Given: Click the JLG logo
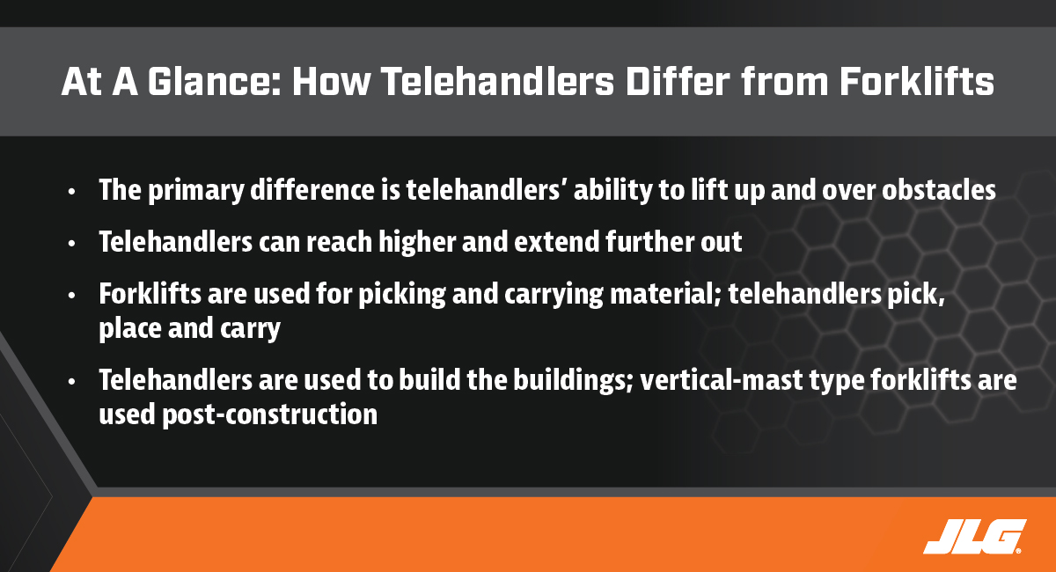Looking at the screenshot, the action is point(975,537).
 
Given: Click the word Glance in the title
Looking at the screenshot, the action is point(215,82).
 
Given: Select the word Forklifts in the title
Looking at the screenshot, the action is point(917,82).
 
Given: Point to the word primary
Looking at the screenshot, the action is point(196,191).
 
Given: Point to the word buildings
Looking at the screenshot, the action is point(573,381).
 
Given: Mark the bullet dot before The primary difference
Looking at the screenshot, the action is point(71,192).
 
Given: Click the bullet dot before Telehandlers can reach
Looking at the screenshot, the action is point(71,244).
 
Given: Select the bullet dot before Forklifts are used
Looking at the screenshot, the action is point(71,295).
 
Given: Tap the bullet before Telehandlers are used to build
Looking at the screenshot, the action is point(71,382).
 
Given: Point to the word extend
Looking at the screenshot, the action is point(557,242).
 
